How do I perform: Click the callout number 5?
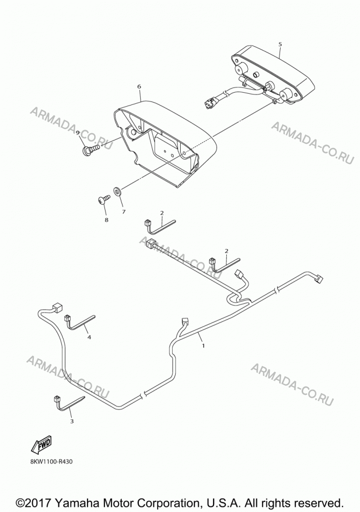click(280, 44)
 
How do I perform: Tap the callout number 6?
click(139, 87)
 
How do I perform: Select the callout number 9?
click(78, 133)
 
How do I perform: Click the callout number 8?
click(106, 220)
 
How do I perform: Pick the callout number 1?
click(203, 346)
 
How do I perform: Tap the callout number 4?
click(89, 337)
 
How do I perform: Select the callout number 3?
click(72, 421)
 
